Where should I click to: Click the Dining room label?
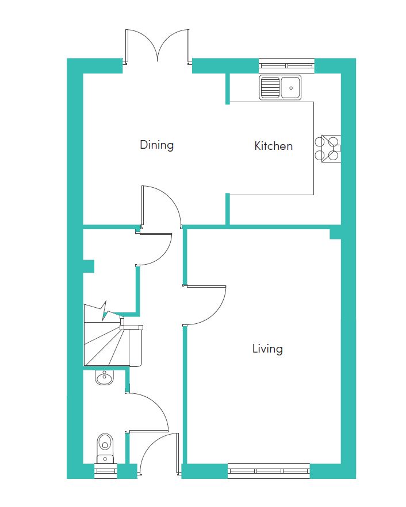tap(156, 145)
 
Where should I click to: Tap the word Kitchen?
tap(274, 146)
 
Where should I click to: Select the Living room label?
tap(267, 349)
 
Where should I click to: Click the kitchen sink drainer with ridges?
tap(270, 87)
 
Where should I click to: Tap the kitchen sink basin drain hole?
tap(291, 88)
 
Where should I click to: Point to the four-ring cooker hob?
tap(328, 148)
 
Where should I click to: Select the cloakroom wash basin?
tap(104, 377)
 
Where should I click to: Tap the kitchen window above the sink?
tap(286, 65)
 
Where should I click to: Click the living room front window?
tap(269, 471)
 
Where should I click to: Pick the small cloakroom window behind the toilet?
tap(105, 471)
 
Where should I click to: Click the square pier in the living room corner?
tap(335, 234)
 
